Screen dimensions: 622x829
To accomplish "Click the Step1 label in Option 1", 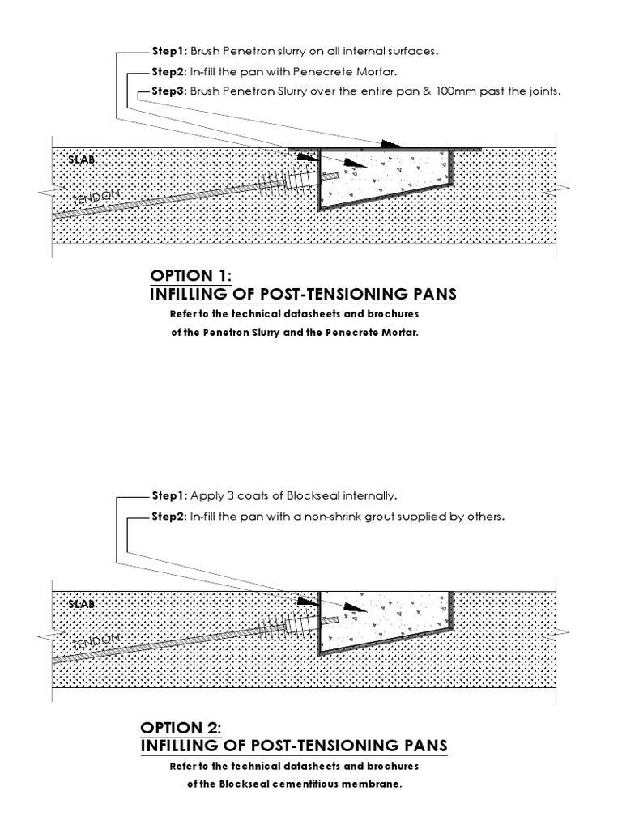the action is click(x=169, y=50).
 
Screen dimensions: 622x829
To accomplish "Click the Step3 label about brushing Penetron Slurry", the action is click(x=169, y=91).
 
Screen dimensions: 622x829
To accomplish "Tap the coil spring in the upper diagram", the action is click(x=272, y=181).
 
